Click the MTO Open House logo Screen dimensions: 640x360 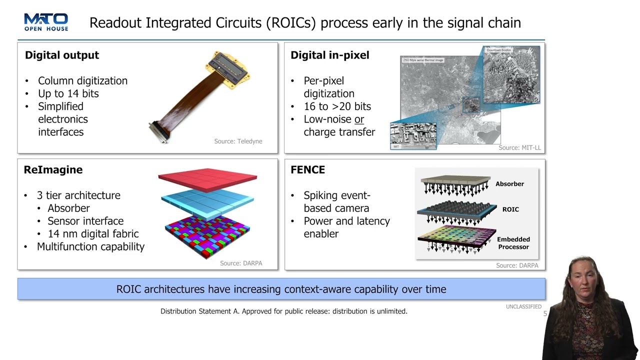pyautogui.click(x=46, y=22)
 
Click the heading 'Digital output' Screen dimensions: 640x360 pyautogui.click(x=62, y=55)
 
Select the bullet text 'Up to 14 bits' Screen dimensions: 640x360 pyautogui.click(x=68, y=93)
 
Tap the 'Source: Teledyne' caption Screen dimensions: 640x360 pyautogui.click(x=238, y=141)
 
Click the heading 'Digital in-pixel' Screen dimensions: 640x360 pyautogui.click(x=329, y=55)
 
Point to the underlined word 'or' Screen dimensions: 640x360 pyautogui.click(x=359, y=119)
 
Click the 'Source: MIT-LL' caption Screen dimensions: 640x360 pyautogui.click(x=519, y=148)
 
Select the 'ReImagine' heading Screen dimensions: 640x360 pyautogui.click(x=53, y=170)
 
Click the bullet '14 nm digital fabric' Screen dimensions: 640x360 pyautogui.click(x=93, y=234)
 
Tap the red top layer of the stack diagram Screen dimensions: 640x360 pyautogui.click(x=207, y=177)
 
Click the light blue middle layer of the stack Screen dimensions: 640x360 pyautogui.click(x=207, y=202)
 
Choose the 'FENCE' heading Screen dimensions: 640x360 pyautogui.click(x=307, y=170)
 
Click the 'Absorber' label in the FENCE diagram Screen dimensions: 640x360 pyautogui.click(x=509, y=184)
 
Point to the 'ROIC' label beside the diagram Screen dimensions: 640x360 pyautogui.click(x=510, y=209)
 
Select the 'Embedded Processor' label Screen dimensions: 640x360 pyautogui.click(x=513, y=243)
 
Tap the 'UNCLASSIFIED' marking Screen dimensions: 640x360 pyautogui.click(x=523, y=306)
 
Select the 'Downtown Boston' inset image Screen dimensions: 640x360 pyautogui.click(x=511, y=75)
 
